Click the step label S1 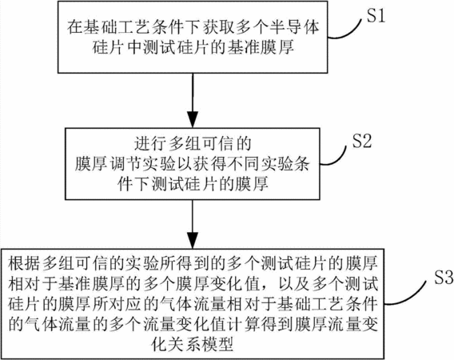pos(376,16)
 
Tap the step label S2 pos(361,142)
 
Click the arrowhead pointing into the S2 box pos(193,119)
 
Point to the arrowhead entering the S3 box pos(193,240)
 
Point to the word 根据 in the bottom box pos(25,263)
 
